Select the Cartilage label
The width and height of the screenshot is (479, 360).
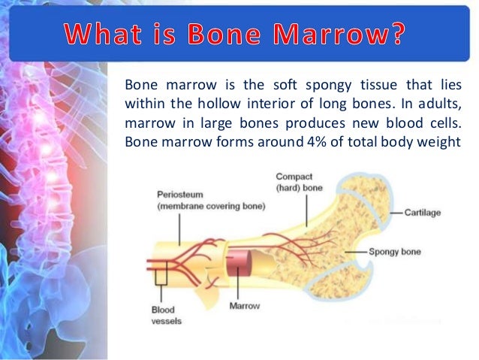(x=423, y=213)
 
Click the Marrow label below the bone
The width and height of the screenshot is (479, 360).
(x=245, y=306)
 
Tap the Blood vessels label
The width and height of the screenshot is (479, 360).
(x=163, y=313)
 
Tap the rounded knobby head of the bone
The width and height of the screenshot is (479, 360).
(x=369, y=218)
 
